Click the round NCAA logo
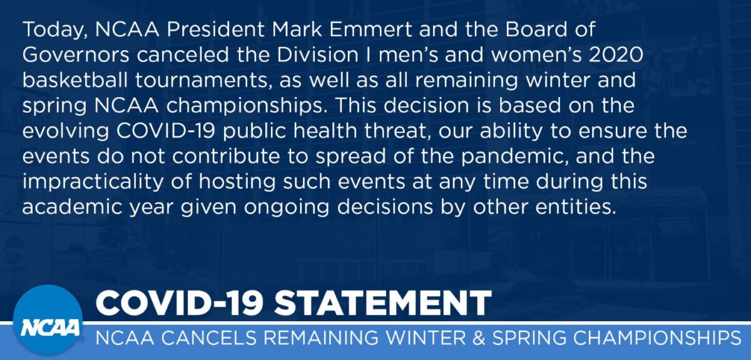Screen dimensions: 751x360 [48, 320]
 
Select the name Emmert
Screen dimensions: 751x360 [370, 29]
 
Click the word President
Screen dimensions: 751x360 [216, 29]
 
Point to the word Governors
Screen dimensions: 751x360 [76, 54]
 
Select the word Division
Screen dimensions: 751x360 [317, 54]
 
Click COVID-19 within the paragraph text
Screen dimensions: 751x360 [165, 131]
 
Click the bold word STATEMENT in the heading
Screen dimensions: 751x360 [383, 303]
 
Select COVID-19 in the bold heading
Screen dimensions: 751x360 [180, 303]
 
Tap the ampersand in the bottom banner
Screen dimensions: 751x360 [479, 338]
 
